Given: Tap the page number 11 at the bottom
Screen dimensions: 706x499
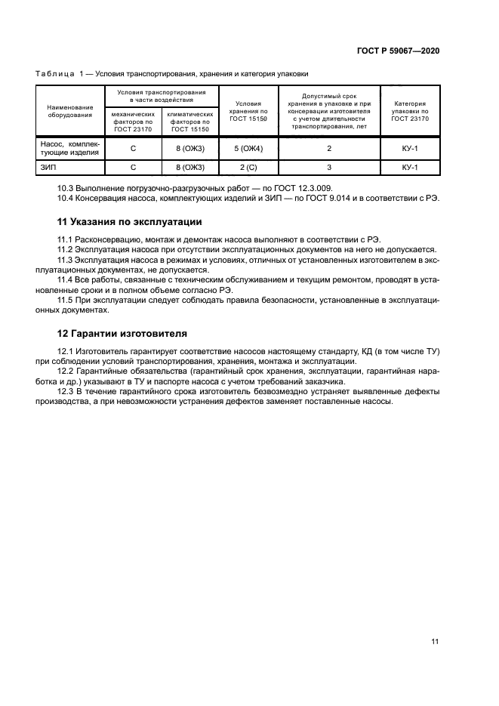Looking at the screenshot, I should click(x=435, y=641).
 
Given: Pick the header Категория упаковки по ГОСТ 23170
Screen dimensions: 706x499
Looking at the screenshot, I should click(x=410, y=111).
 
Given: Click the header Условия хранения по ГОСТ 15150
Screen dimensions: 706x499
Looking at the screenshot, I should click(x=248, y=111).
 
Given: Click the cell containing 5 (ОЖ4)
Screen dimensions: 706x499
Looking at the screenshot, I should click(x=248, y=148).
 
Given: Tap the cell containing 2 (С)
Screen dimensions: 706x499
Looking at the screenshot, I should click(x=248, y=168).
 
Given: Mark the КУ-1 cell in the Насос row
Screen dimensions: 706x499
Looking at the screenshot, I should click(x=410, y=148).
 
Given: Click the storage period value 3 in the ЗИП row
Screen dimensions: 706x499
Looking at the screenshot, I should click(x=329, y=168).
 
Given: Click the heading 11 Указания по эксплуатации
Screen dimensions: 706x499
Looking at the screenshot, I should click(x=129, y=222).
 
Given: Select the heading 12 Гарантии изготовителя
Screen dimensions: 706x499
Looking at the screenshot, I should click(x=123, y=333).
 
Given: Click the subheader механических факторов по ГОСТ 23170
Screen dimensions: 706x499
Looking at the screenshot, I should click(x=133, y=121).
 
